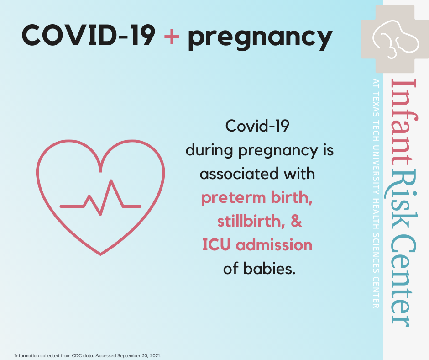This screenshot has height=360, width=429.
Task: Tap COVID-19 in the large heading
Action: coord(89,35)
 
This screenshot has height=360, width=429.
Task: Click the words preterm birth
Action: coord(257,198)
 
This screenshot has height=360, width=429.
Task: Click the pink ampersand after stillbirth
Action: coord(296,221)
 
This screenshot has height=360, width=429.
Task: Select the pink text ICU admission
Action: coord(257,245)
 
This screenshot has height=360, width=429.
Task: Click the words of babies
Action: coord(259,269)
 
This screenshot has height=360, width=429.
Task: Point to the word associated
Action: coord(239,174)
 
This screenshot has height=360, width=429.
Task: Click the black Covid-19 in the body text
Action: coord(257,126)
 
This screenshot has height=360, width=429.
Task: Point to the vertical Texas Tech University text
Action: coord(376,193)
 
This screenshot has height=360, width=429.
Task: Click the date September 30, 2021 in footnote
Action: coord(139,355)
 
